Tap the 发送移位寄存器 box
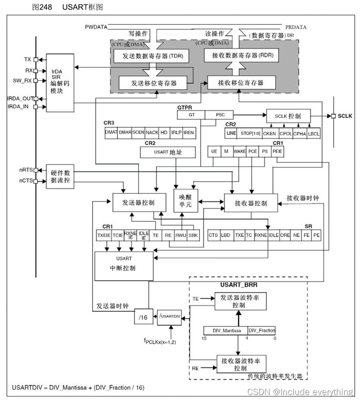pyautogui.click(x=154, y=83)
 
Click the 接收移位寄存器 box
pyautogui.click(x=241, y=83)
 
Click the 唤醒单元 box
pyautogui.click(x=185, y=200)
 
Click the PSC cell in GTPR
pyautogui.click(x=218, y=115)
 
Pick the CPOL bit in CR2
pyautogui.click(x=285, y=133)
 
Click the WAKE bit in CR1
pyautogui.click(x=239, y=151)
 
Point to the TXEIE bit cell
pyautogui.click(x=104, y=235)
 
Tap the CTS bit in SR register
pyautogui.click(x=213, y=235)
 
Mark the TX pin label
pyautogui.click(x=28, y=60)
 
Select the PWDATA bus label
pyautogui.click(x=96, y=27)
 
